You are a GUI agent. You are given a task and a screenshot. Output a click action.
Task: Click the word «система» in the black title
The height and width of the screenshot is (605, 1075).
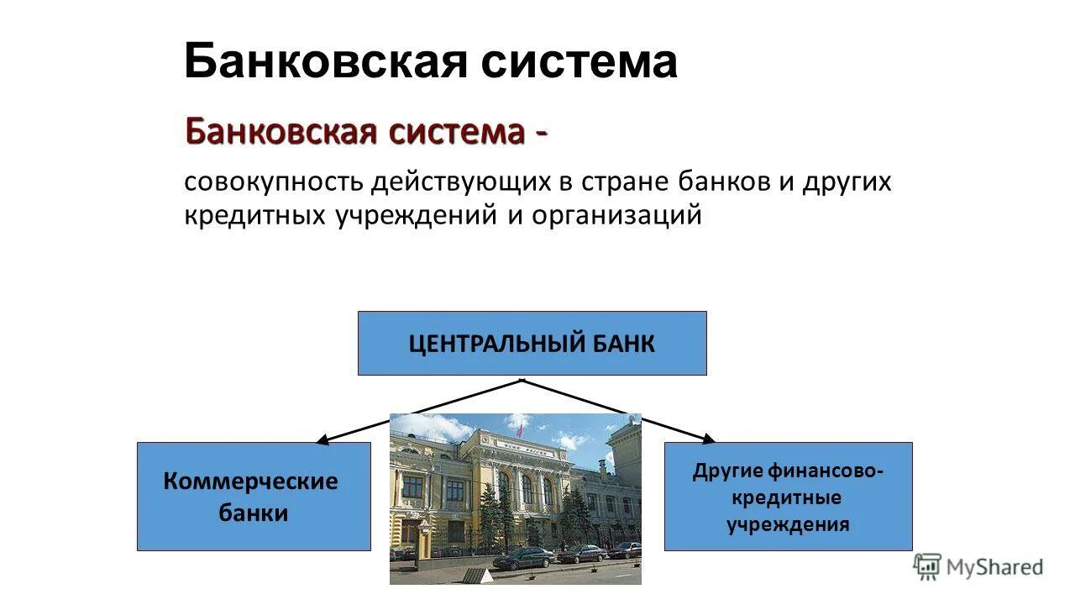click(579, 62)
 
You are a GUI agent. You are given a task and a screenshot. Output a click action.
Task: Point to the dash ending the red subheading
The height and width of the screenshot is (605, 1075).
click(538, 134)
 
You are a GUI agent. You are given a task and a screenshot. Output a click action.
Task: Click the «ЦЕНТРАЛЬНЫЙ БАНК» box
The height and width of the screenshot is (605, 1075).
click(532, 343)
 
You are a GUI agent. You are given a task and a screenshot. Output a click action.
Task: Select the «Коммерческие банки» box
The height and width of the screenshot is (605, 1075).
click(254, 496)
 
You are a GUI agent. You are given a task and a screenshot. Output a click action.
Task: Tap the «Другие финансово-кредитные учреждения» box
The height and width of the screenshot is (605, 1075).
click(788, 496)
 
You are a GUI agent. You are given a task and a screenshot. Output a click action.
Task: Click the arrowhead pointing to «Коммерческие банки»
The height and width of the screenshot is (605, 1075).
click(322, 439)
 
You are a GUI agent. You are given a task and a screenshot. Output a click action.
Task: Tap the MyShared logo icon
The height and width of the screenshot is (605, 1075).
click(927, 566)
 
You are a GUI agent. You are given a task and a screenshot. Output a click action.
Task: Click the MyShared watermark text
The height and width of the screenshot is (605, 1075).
click(994, 567)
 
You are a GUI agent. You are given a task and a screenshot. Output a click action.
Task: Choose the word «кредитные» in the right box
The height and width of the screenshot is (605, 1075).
click(787, 497)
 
